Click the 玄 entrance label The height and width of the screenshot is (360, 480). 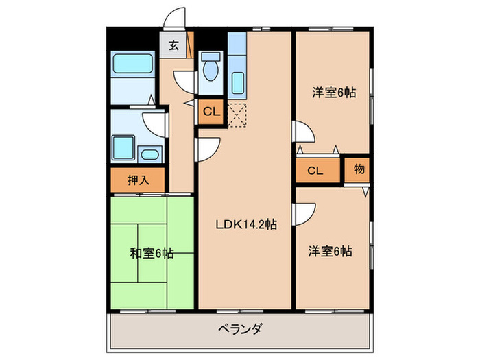(174, 46)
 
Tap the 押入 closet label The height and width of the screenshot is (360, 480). (138, 180)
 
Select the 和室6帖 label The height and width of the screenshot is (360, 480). (152, 253)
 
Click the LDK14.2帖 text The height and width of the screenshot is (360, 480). (246, 224)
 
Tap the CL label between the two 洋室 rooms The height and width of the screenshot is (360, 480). (315, 171)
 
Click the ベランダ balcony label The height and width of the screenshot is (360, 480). (239, 328)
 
